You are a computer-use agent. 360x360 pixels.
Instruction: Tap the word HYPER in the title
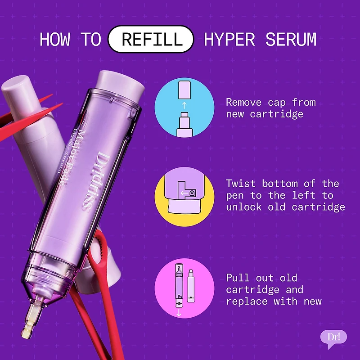(229, 39)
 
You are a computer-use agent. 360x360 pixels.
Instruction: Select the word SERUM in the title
(291, 39)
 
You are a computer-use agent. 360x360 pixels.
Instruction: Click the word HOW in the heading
(55, 39)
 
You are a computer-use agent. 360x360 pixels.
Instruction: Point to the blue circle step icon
(184, 108)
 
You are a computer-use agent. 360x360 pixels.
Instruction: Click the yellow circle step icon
(184, 197)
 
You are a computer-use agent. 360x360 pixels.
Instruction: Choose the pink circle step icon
(184, 288)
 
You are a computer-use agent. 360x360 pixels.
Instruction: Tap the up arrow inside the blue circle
(184, 105)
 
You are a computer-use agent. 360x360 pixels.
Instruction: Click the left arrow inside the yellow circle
(184, 193)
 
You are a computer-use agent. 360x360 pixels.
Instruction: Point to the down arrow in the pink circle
(179, 312)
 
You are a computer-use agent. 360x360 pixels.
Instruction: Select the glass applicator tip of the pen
(31, 319)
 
